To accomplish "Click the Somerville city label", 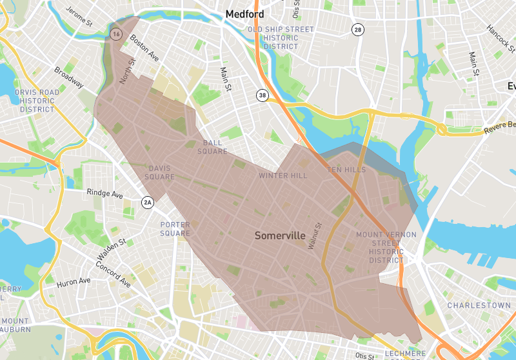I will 280,235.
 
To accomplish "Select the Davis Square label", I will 159,172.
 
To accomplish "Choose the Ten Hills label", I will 346,170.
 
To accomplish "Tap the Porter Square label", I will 175,228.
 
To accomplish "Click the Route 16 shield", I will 116,34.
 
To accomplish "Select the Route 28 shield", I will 357,30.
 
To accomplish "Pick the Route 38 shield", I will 262,95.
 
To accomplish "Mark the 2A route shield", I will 148,203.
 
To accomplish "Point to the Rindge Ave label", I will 104,193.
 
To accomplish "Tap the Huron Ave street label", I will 73,281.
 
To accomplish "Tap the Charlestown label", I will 470,305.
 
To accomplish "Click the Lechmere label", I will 405,354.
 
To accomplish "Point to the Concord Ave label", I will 113,275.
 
